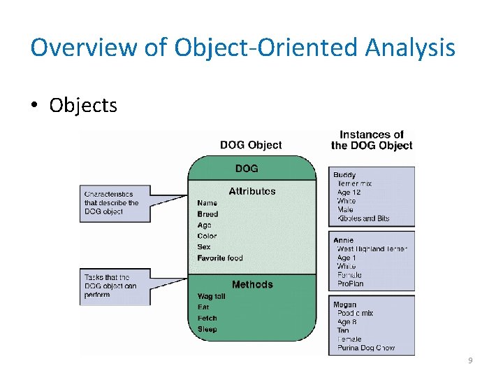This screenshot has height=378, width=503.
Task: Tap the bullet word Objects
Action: pyautogui.click(x=83, y=106)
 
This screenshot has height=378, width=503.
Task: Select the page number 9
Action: pyautogui.click(x=470, y=360)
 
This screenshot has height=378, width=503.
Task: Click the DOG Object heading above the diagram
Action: pyautogui.click(x=251, y=145)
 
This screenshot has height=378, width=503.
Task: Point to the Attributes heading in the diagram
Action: pyautogui.click(x=251, y=191)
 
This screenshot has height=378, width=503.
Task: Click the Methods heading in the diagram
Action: pyautogui.click(x=252, y=284)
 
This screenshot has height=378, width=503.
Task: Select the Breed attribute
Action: pyautogui.click(x=207, y=214)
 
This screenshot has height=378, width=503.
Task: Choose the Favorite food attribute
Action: pyautogui.click(x=220, y=258)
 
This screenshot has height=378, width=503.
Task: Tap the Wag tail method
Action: pyautogui.click(x=212, y=296)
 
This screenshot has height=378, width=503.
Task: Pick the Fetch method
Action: pyautogui.click(x=207, y=318)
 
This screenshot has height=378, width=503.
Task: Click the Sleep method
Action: pyautogui.click(x=207, y=329)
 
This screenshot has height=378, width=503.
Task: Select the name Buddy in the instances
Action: pyautogui.click(x=344, y=175)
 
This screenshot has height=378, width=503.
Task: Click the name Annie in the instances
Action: pyautogui.click(x=343, y=240)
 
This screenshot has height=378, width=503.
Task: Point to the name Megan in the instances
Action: pyautogui.click(x=344, y=304)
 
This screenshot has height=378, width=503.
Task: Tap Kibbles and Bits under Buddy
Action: pyautogui.click(x=363, y=218)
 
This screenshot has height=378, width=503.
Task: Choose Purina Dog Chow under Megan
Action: pyautogui.click(x=365, y=348)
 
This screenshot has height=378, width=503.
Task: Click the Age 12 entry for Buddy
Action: pyautogui.click(x=349, y=192)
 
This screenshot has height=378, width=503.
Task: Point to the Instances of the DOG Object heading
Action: pyautogui.click(x=372, y=140)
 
